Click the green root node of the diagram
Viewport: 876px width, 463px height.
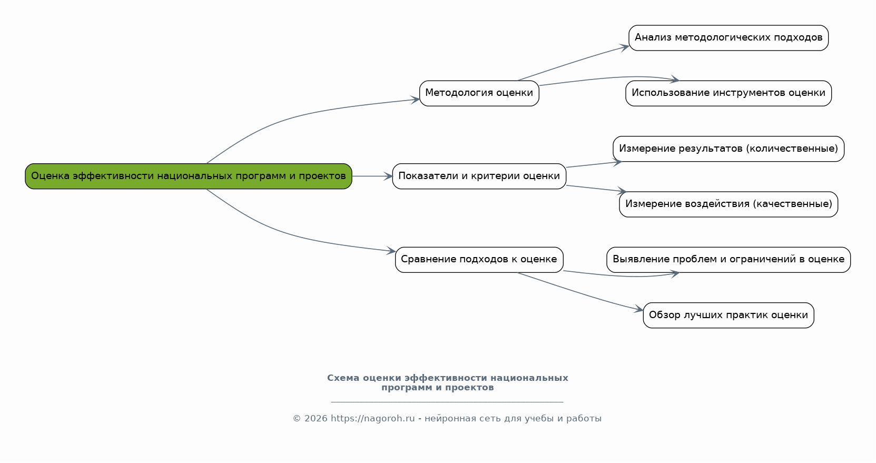pos(188,176)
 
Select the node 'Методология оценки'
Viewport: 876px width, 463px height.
pos(479,93)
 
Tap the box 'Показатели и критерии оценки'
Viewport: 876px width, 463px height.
pos(479,176)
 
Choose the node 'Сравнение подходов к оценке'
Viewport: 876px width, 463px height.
pos(479,259)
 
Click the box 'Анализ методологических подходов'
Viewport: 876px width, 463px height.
pos(728,38)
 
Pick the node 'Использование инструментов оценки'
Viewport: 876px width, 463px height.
pos(728,93)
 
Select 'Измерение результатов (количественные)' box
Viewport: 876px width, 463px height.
pos(728,149)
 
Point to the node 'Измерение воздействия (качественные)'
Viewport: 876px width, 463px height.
pos(728,204)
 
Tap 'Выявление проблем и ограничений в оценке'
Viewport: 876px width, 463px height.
pos(728,259)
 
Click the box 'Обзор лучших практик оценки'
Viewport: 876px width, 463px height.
pos(728,315)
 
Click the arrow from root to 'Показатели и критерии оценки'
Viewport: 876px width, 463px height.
pos(372,176)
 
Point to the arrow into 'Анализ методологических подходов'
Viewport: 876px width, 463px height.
pos(574,63)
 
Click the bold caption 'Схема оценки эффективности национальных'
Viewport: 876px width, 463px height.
pos(447,378)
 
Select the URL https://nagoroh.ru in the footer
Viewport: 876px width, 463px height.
pos(372,419)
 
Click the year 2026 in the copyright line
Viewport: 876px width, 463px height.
pos(316,419)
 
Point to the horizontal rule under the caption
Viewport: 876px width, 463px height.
pos(447,402)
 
